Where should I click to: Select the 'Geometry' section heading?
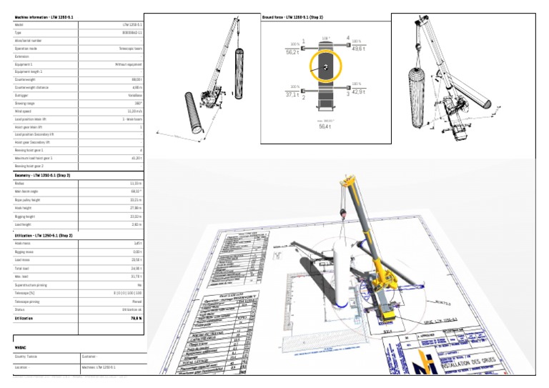click(x=42, y=174)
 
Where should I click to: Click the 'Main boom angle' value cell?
click(x=134, y=191)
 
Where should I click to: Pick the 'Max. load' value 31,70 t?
click(x=135, y=275)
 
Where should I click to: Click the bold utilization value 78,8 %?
click(x=134, y=318)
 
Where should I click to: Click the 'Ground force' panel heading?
click(x=293, y=16)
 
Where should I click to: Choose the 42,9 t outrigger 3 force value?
click(x=357, y=92)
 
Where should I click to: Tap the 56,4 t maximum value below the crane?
click(x=325, y=126)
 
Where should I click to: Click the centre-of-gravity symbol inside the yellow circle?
click(x=325, y=66)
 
